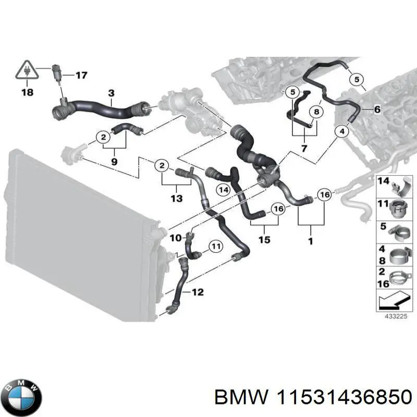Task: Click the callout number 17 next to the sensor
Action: click(x=81, y=76)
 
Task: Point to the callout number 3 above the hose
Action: click(x=111, y=93)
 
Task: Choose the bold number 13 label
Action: click(x=177, y=198)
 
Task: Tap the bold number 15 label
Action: click(x=264, y=240)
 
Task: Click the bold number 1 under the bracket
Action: click(x=311, y=242)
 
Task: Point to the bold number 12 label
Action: click(x=198, y=292)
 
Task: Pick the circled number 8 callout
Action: click(x=314, y=112)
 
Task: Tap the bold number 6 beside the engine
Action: click(x=377, y=109)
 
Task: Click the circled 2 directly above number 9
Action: click(x=103, y=137)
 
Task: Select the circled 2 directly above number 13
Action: click(x=162, y=166)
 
